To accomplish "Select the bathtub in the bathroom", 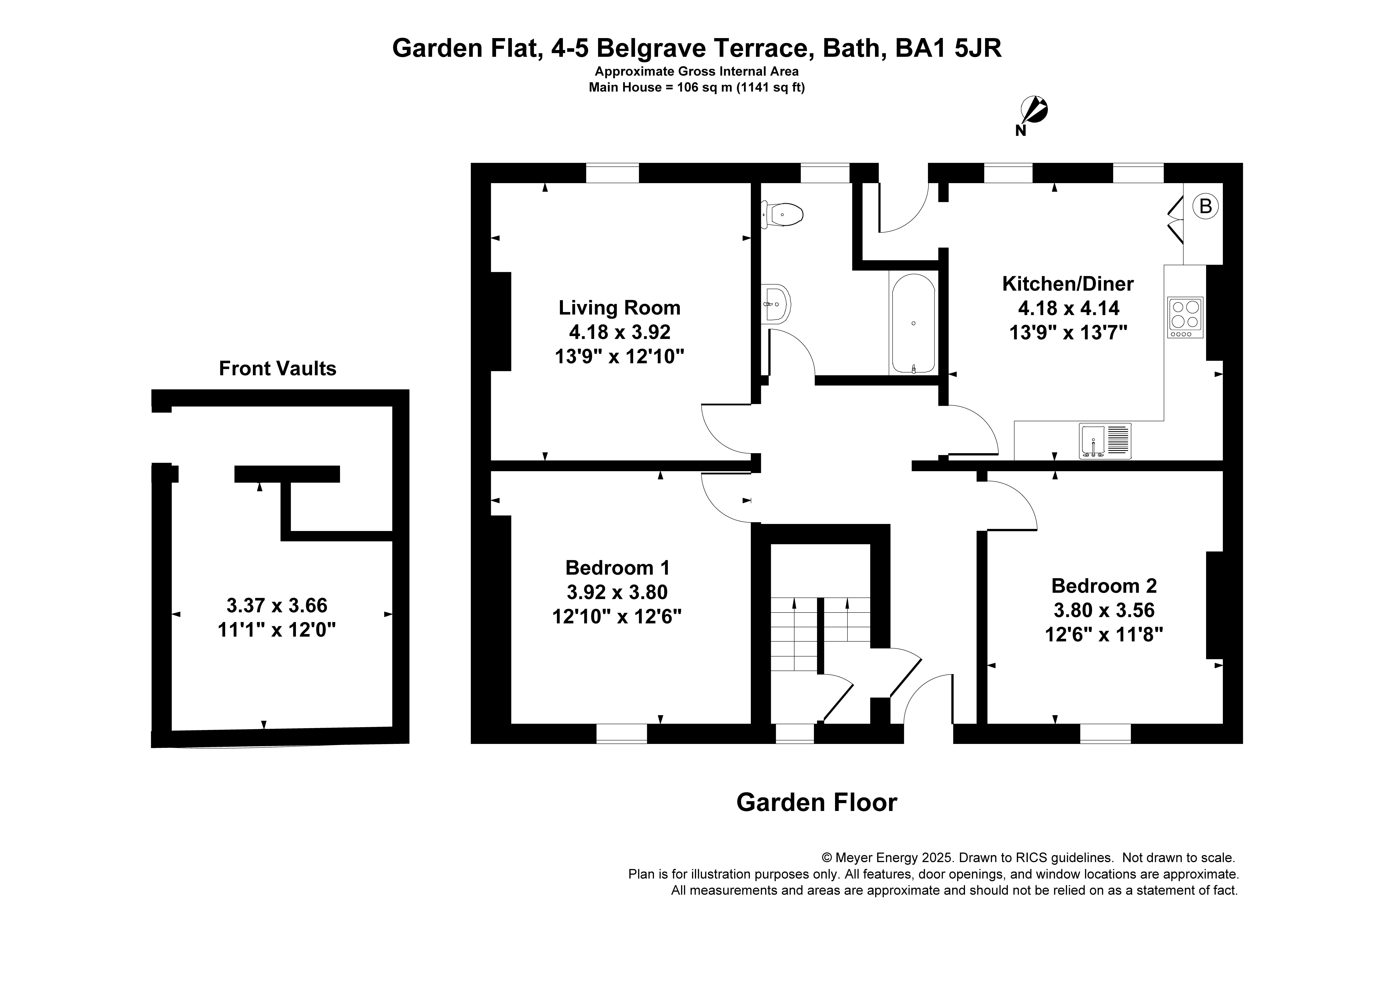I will [913, 323].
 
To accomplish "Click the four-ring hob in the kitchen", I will [1185, 317].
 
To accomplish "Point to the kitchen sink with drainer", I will [1105, 440].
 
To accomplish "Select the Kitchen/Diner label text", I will [1067, 283].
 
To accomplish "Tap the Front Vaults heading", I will [278, 369].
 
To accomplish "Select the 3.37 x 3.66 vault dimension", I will [277, 605].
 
